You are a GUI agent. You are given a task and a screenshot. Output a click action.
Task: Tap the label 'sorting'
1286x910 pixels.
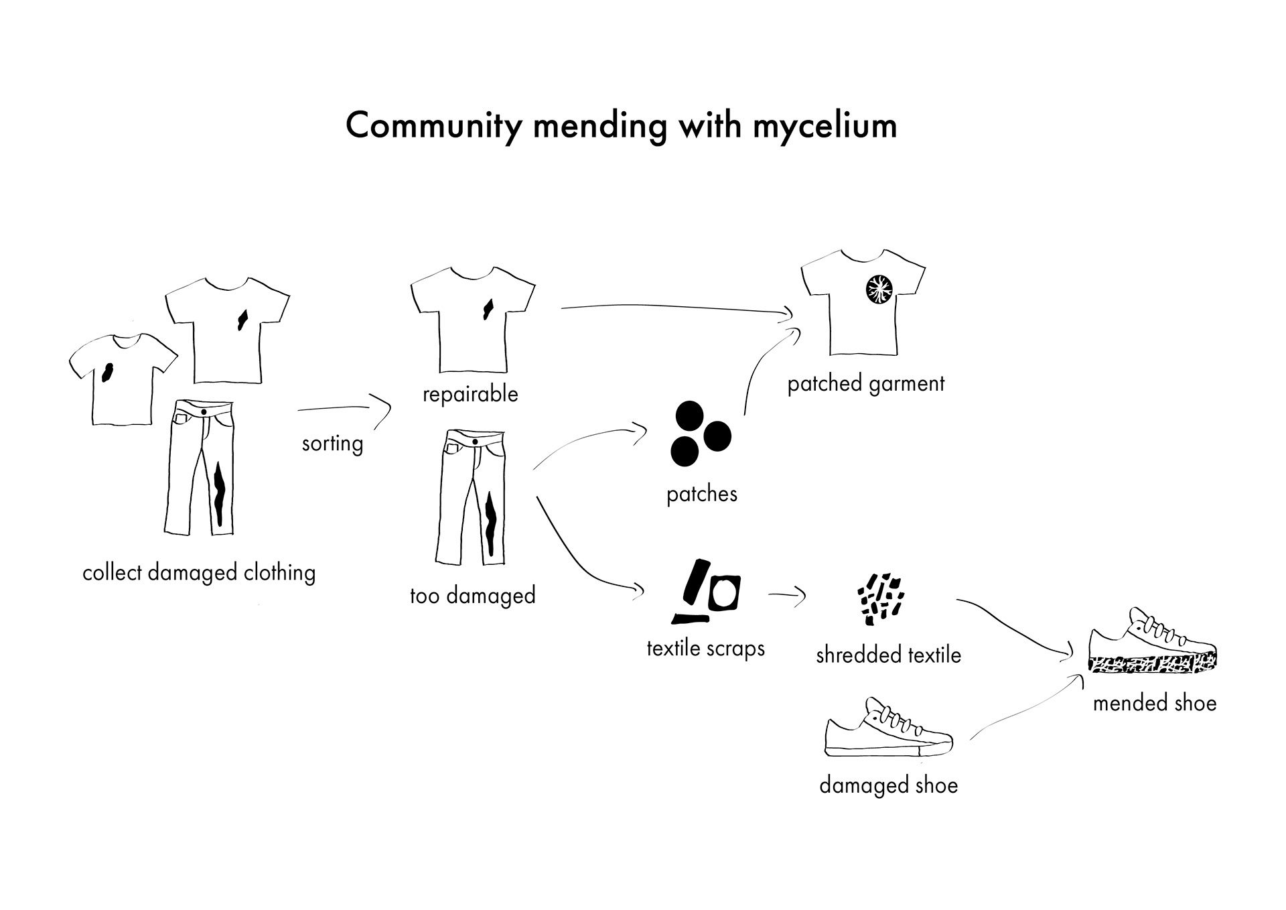coord(332,444)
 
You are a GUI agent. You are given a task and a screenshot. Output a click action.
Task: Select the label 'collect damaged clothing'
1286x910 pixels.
coord(199,574)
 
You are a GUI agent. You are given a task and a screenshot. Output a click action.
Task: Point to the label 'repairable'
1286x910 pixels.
coord(470,394)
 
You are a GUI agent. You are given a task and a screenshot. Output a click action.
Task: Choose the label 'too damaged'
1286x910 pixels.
coord(472,596)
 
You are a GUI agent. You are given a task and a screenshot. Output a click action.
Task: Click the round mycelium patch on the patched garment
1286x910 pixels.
coord(877,289)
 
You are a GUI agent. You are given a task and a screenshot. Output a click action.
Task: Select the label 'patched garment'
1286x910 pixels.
coord(865,384)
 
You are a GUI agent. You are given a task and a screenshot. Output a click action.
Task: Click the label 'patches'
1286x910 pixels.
coord(701,495)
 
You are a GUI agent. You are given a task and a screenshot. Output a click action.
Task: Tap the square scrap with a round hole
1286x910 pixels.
coord(724,592)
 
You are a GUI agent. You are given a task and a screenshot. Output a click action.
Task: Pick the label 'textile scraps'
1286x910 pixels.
coord(705,649)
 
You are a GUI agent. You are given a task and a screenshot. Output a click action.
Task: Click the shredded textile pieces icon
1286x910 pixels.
coord(880,598)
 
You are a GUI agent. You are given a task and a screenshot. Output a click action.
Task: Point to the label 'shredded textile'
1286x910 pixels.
coord(888,655)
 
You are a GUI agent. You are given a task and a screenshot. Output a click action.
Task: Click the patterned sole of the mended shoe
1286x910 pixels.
coord(1152,663)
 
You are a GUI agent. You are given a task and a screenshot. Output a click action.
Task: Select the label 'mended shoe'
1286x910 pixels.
coord(1154,704)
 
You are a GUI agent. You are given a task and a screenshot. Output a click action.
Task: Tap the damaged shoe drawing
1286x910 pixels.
coord(887,732)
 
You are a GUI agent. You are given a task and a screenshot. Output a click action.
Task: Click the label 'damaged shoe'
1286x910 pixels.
coord(888,785)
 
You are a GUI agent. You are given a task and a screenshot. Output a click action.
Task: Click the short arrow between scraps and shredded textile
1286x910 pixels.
coord(788,595)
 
